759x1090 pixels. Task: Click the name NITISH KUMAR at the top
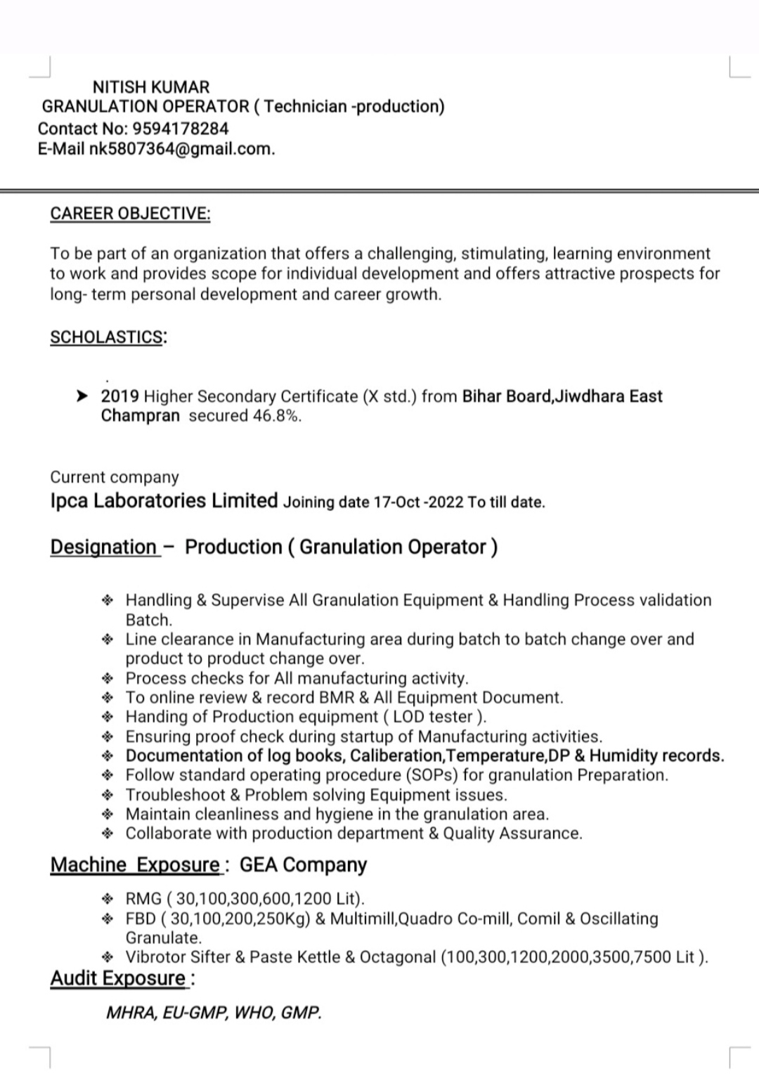pyautogui.click(x=151, y=87)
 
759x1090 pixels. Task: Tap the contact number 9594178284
pyautogui.click(x=181, y=129)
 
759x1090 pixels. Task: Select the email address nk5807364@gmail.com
pyautogui.click(x=181, y=149)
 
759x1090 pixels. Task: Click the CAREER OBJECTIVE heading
pyautogui.click(x=130, y=214)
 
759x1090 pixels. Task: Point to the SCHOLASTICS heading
pyautogui.click(x=107, y=337)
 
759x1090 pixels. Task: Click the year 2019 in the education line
pyautogui.click(x=120, y=396)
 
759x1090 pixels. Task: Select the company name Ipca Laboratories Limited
pyautogui.click(x=164, y=501)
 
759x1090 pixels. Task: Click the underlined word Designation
pyautogui.click(x=103, y=547)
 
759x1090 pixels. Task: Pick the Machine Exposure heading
pyautogui.click(x=136, y=865)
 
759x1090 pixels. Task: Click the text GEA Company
pyautogui.click(x=303, y=865)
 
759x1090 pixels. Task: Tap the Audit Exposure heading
pyautogui.click(x=118, y=978)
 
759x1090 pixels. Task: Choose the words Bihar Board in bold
pyautogui.click(x=506, y=396)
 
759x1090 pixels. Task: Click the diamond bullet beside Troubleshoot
pyautogui.click(x=108, y=796)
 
